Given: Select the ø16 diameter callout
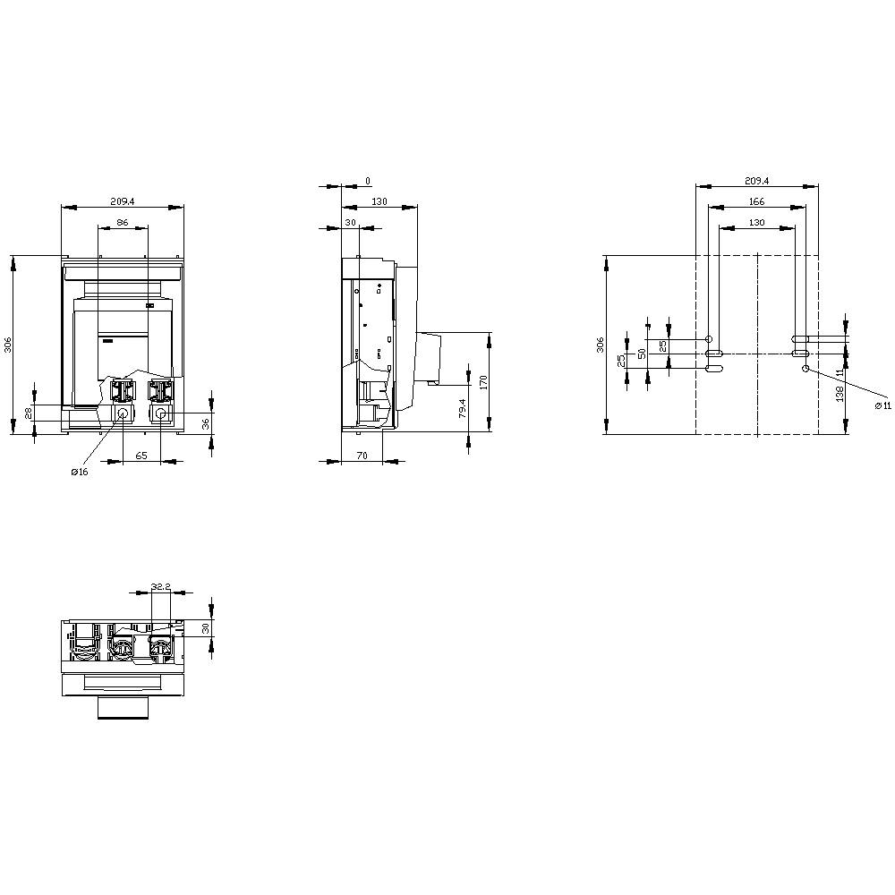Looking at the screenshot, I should [x=80, y=473].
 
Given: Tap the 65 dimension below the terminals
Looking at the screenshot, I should [x=141, y=456].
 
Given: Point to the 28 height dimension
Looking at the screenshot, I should [x=28, y=413].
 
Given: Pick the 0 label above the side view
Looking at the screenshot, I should [x=368, y=181].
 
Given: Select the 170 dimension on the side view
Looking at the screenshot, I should [x=483, y=382].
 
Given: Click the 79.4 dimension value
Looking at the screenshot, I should [x=462, y=408].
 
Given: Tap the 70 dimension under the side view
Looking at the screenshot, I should [x=362, y=456].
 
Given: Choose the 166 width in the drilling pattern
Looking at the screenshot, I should [x=756, y=202].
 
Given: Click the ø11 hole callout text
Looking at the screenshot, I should [x=882, y=405].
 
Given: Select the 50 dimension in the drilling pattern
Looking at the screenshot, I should [x=642, y=354].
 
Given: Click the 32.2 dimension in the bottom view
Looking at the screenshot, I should [x=161, y=586].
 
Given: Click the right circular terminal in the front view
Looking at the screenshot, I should [x=161, y=414].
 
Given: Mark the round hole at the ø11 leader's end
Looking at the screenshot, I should [x=805, y=368].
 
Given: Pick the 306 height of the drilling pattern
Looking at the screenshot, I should [x=601, y=345].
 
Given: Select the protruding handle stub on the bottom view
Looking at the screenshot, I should [x=122, y=709].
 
